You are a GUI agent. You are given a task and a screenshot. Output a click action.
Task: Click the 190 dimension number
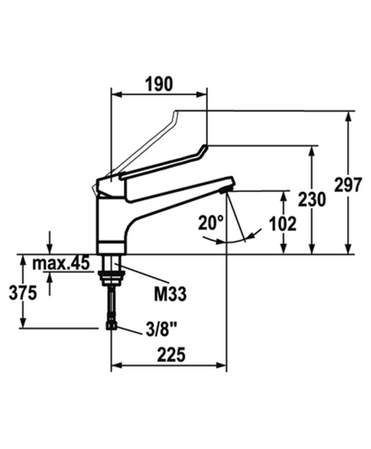point(159,84)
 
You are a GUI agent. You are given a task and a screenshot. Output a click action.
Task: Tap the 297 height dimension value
point(348,184)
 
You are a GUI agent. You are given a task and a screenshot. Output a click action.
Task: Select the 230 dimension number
point(312,200)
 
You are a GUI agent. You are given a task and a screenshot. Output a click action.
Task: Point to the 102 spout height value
point(283,224)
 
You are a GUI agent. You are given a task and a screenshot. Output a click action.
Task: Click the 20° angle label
point(211,223)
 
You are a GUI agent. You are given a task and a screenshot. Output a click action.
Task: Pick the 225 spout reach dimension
point(171,355)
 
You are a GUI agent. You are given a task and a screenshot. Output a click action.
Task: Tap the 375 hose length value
point(23,293)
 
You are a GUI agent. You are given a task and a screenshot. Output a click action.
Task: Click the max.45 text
point(61,263)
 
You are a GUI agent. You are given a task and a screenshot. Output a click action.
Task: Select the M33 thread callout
point(170,294)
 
